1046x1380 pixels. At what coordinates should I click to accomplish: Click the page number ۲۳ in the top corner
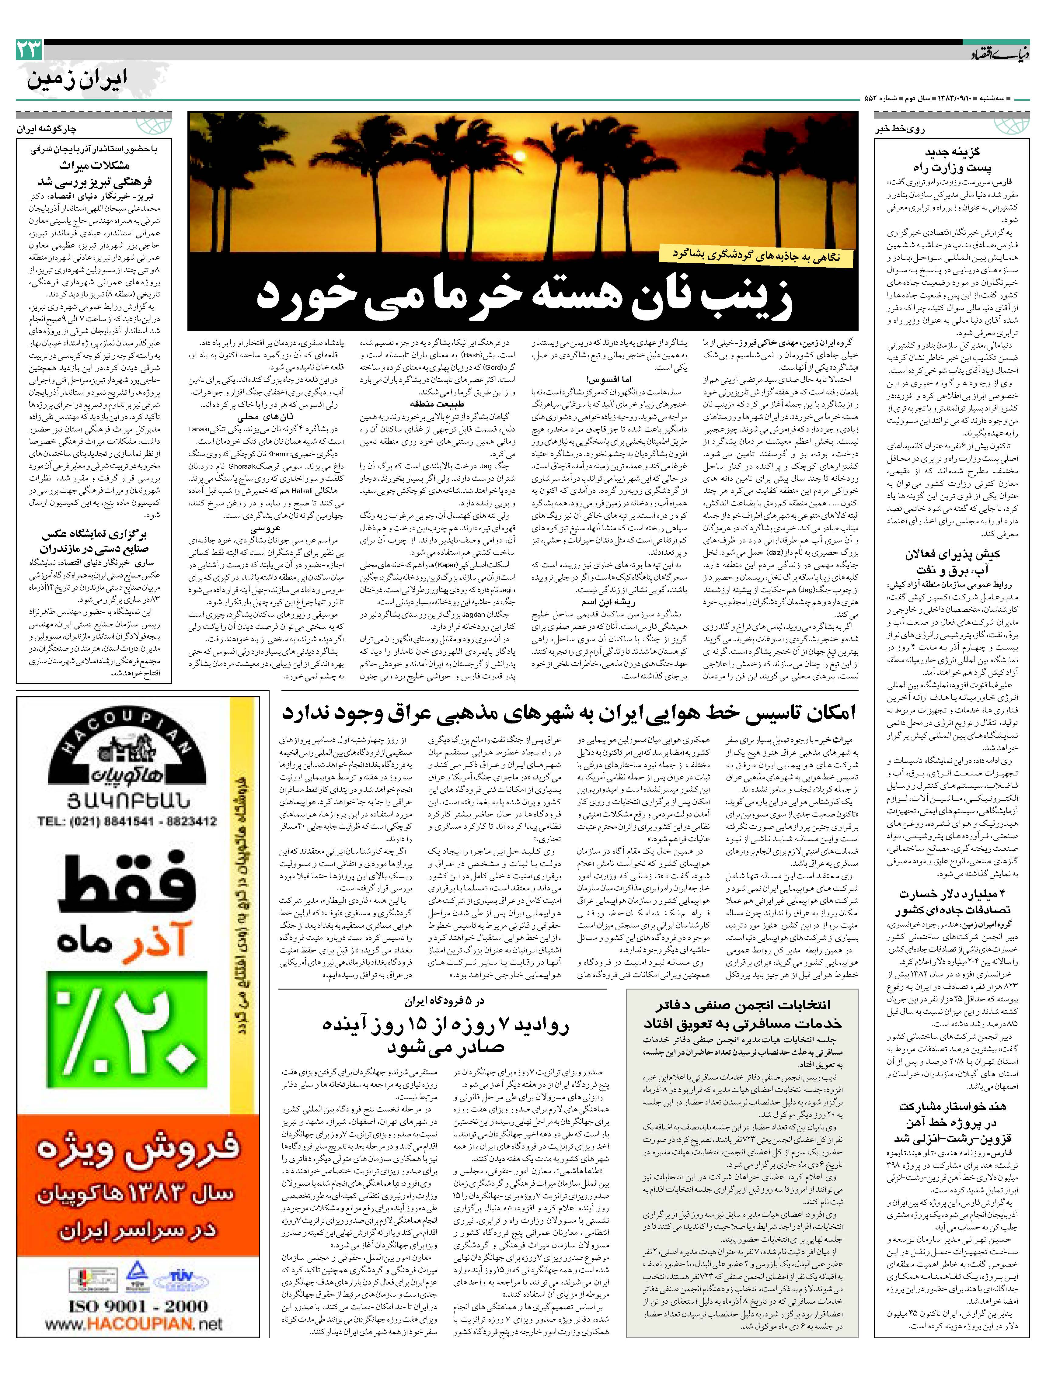tap(29, 50)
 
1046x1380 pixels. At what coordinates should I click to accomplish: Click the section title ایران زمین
tap(78, 79)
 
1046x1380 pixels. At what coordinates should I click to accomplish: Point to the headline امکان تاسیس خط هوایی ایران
tap(569, 713)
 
